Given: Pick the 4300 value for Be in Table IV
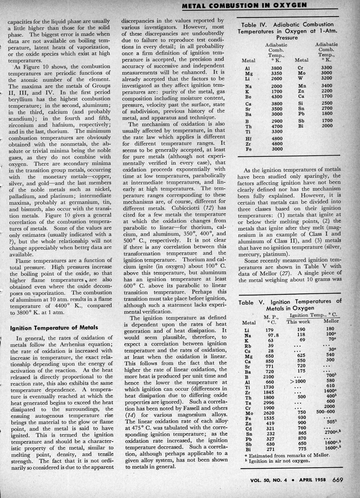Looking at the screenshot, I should click(276, 96).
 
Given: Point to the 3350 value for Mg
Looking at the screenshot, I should click(276, 73).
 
